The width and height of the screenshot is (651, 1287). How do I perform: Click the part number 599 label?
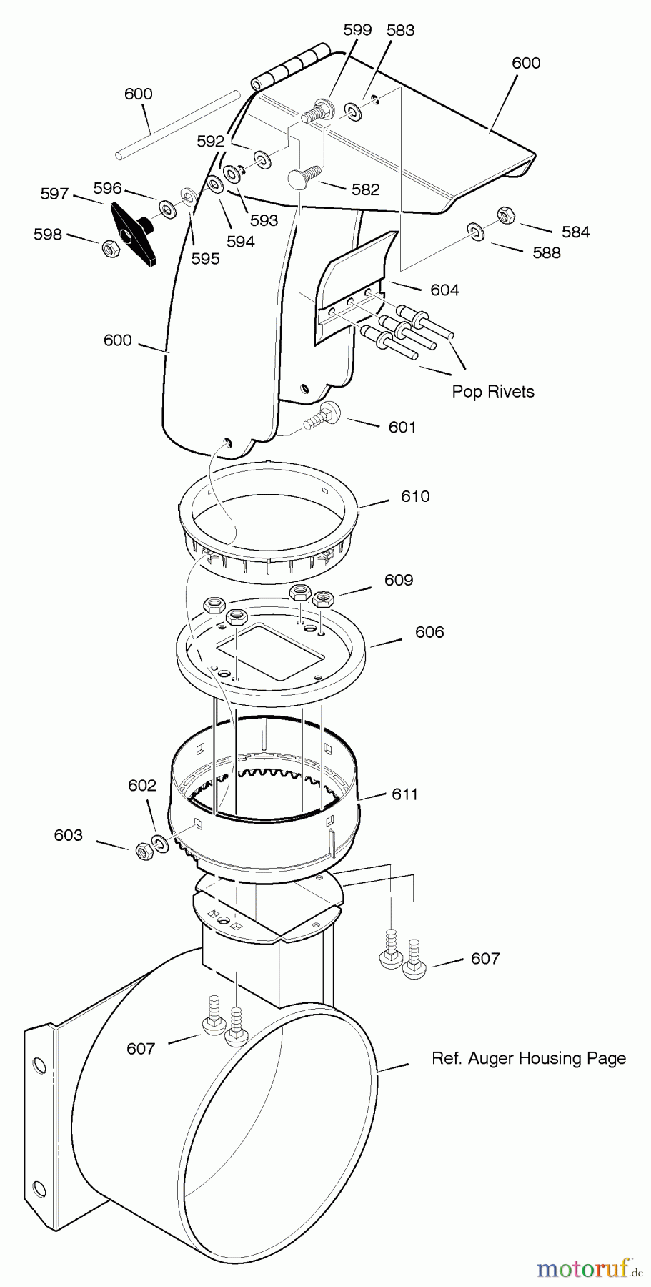coord(358,30)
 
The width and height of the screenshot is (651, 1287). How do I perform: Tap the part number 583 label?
coord(400,30)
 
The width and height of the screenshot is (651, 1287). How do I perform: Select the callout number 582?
coord(365,189)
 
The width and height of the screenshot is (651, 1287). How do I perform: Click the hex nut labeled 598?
coord(110,249)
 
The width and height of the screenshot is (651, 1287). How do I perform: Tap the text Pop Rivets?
coord(493,391)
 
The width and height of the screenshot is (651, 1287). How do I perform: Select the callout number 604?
coord(444,290)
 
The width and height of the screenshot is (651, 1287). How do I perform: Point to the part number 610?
coord(415,496)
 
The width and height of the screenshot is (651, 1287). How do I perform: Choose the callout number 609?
coord(399,580)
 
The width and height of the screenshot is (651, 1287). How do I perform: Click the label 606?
coord(429,632)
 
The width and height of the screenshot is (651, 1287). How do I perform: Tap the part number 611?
coord(405,794)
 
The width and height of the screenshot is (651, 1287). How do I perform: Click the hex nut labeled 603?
coord(142,851)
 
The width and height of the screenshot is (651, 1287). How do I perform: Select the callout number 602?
coord(141,786)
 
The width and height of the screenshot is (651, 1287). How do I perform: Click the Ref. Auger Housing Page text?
coord(529,1058)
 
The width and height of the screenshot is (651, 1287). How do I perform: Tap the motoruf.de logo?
coord(590,1268)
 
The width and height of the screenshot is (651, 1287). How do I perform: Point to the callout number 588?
coord(547,252)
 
